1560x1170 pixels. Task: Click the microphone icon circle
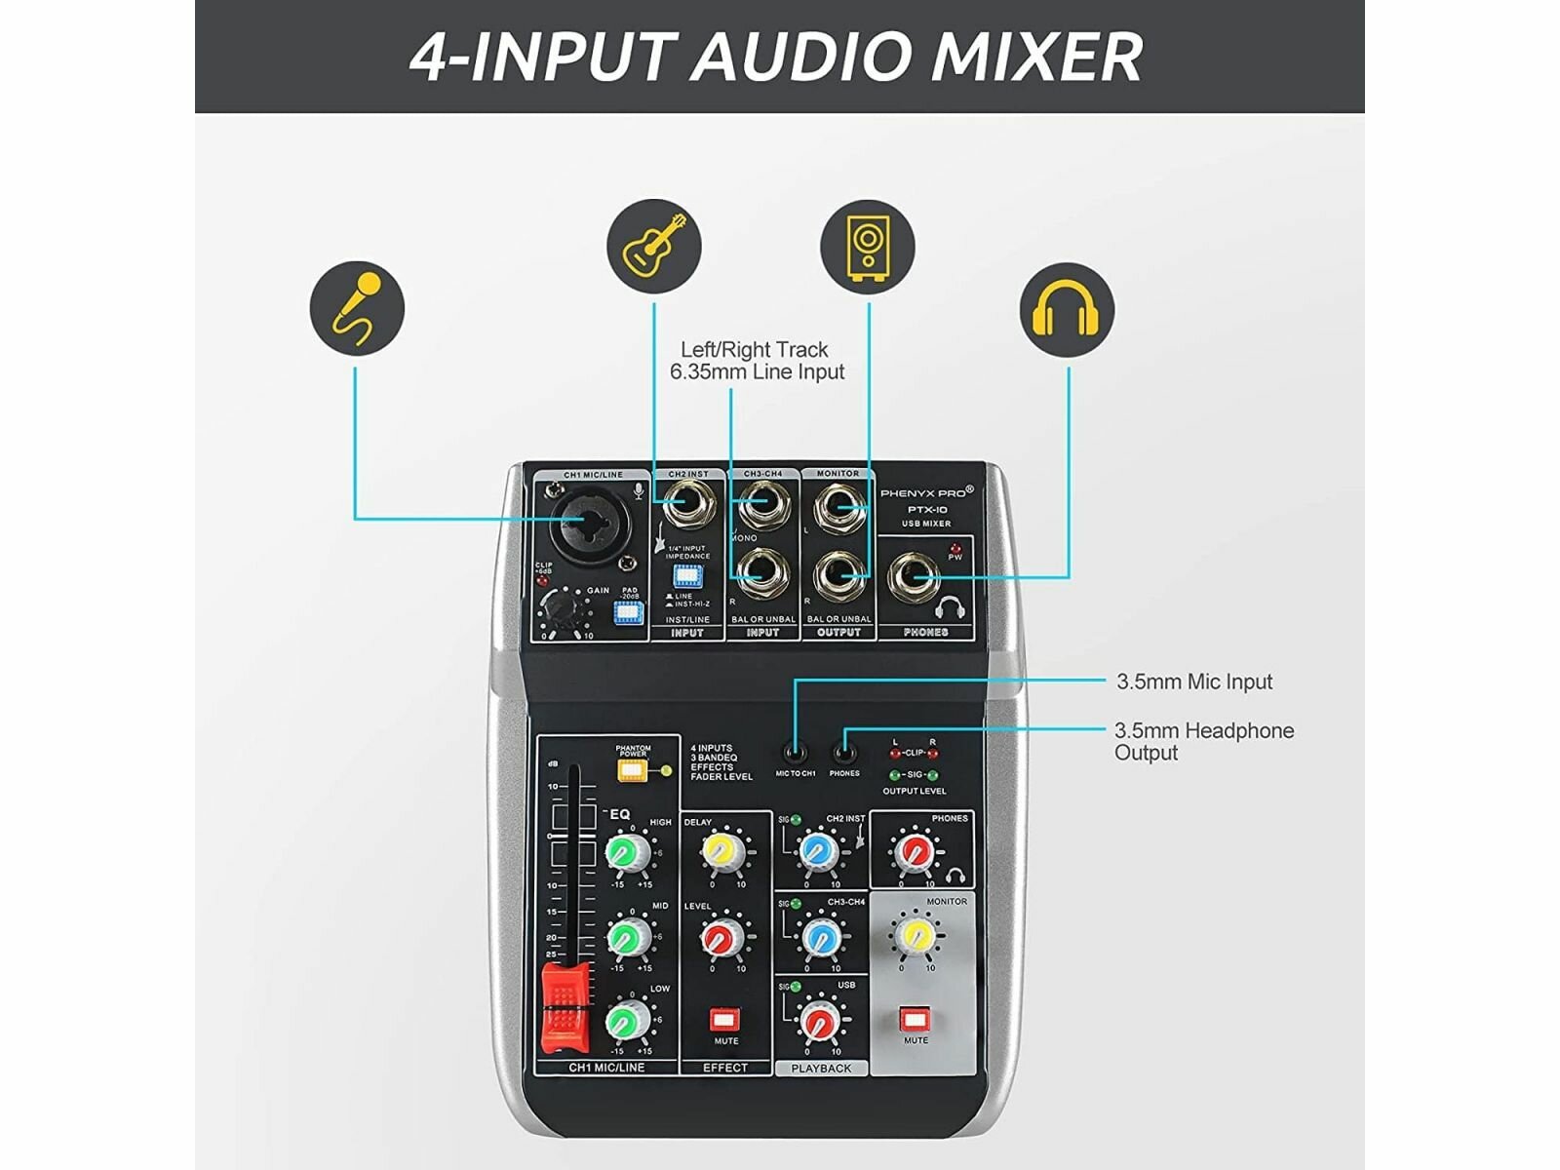[357, 308]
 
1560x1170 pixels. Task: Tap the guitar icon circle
[654, 246]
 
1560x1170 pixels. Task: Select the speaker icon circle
[867, 246]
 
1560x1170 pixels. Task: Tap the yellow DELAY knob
[721, 850]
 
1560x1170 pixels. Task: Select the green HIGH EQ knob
[627, 852]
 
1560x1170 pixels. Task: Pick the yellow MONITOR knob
[916, 935]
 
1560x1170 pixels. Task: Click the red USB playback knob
[819, 1021]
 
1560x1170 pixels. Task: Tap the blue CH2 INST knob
[819, 850]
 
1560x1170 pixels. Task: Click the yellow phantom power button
[632, 770]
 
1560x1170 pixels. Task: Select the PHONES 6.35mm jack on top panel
[914, 578]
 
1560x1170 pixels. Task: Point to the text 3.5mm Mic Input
[1194, 682]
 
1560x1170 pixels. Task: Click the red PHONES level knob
[915, 850]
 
